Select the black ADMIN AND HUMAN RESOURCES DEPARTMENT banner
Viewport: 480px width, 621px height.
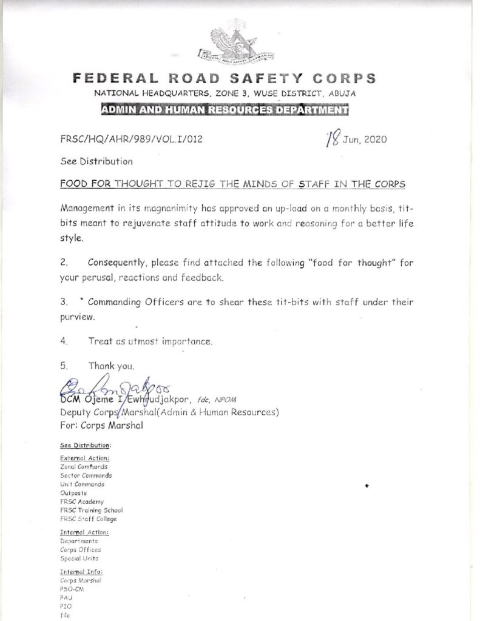click(225, 110)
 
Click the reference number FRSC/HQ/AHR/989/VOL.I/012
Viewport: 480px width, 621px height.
click(131, 139)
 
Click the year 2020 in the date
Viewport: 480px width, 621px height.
click(374, 139)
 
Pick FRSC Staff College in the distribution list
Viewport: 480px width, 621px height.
click(89, 519)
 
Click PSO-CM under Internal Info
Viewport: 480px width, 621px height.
click(72, 589)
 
